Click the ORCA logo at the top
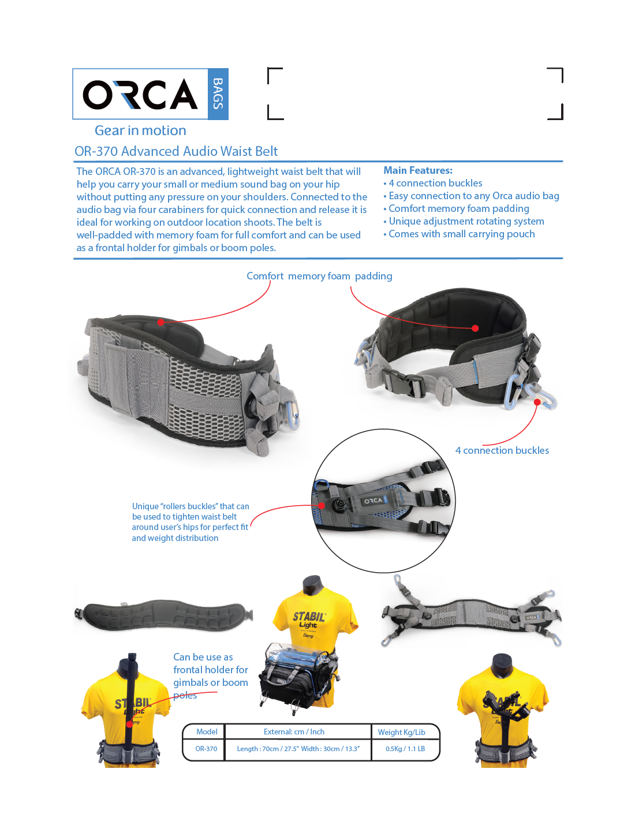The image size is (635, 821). (x=140, y=94)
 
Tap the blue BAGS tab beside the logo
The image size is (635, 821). (x=218, y=94)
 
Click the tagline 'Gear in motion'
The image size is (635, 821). (x=140, y=130)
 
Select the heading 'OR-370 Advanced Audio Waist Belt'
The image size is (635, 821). (x=176, y=151)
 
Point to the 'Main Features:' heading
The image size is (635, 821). (x=418, y=170)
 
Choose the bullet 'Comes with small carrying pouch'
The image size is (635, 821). (x=461, y=234)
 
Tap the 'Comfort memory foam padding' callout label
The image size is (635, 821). (x=319, y=276)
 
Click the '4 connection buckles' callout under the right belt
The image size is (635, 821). (x=502, y=450)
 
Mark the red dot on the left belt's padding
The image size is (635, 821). (x=160, y=322)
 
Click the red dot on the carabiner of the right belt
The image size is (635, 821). (x=537, y=402)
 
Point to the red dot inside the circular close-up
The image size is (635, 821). (x=322, y=505)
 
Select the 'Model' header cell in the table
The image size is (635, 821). (x=207, y=732)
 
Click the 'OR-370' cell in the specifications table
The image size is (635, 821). (x=206, y=749)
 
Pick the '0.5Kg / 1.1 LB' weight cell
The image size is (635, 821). (x=405, y=749)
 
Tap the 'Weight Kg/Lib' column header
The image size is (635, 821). (x=401, y=732)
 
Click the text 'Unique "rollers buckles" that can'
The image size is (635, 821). (x=190, y=506)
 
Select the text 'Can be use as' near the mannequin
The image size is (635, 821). (x=203, y=657)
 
